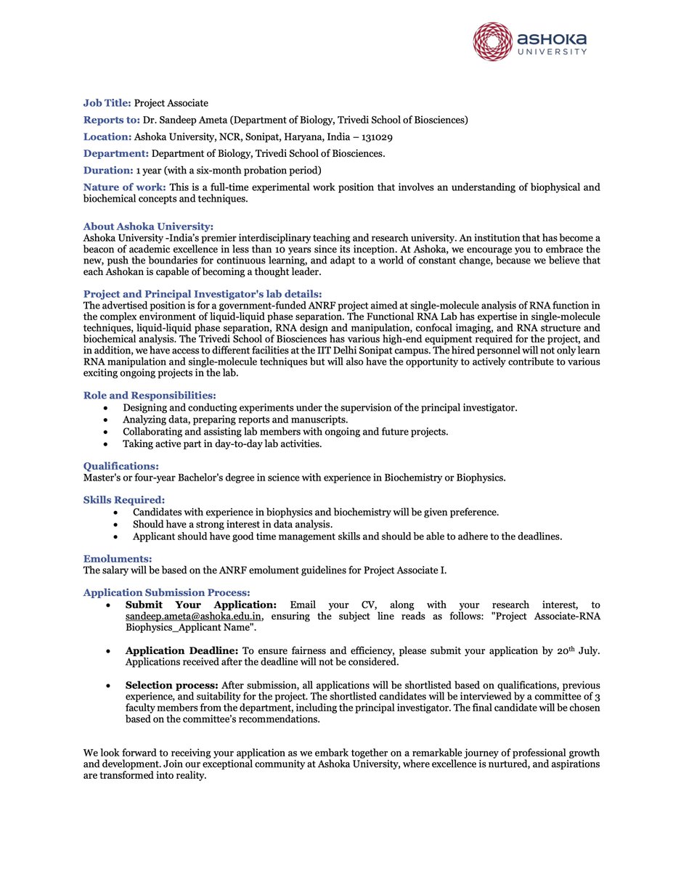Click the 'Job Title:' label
[107, 103]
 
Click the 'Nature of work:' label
[125, 187]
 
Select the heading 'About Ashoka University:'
[148, 226]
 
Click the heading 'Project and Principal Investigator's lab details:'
[197, 293]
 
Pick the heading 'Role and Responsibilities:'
[150, 395]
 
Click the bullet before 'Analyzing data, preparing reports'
[107, 420]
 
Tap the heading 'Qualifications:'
[121, 466]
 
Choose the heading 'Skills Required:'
[123, 499]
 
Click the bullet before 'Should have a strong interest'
[117, 524]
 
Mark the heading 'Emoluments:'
[118, 558]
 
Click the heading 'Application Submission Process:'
[167, 592]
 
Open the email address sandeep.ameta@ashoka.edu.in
[193, 617]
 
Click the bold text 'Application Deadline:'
[181, 650]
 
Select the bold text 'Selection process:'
[171, 685]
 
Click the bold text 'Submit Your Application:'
[201, 605]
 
